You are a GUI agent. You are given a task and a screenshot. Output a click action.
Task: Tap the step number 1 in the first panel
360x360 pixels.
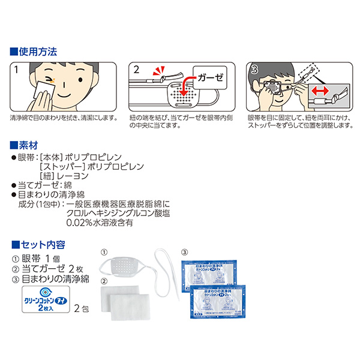(16, 70)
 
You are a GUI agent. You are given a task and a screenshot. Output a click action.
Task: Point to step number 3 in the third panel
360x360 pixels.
(254, 70)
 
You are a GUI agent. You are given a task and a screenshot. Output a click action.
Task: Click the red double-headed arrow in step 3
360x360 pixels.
(320, 93)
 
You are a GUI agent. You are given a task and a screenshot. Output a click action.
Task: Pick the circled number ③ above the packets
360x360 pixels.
(184, 252)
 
